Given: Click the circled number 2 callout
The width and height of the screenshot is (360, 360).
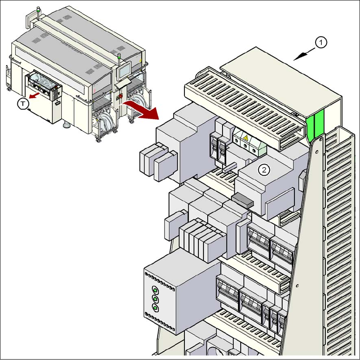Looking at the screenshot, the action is pos(264,170).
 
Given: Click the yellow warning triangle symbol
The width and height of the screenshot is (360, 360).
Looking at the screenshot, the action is pos(245,138).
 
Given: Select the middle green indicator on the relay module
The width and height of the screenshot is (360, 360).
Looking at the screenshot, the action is pos(155,299).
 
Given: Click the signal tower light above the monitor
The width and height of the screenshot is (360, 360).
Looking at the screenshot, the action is pos(117,55).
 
